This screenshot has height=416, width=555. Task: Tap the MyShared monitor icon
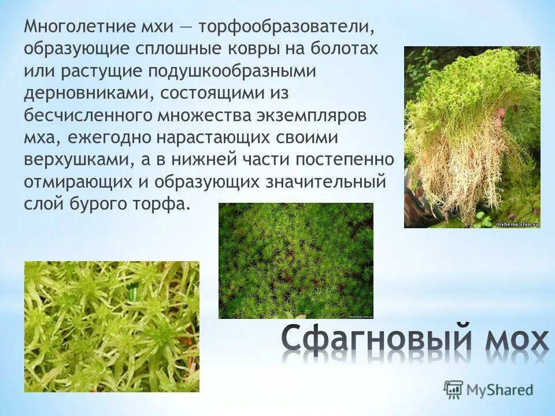(x=454, y=389)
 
